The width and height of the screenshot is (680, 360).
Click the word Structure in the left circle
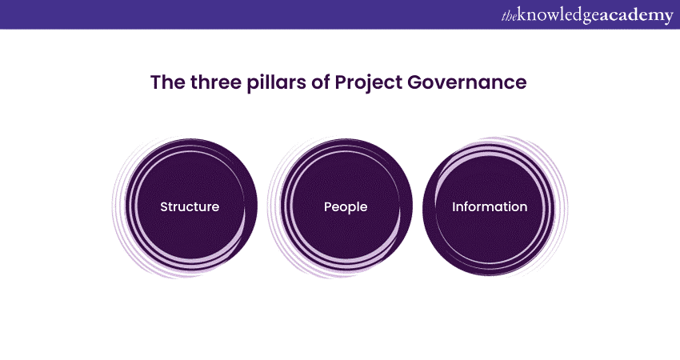190,206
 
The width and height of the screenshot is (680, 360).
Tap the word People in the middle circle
346,206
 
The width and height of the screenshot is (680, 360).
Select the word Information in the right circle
490,206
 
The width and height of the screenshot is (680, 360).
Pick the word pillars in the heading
275,82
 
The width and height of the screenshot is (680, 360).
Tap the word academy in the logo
637,15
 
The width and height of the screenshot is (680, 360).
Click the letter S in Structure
164,206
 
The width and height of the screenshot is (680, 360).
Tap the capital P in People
328,206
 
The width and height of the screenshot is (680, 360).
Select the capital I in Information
454,206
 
